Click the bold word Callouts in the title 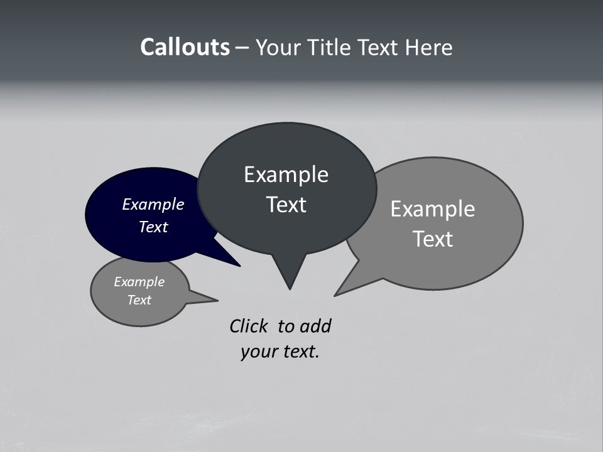(x=185, y=48)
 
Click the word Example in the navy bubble (x=153, y=204)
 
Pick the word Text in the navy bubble (x=153, y=227)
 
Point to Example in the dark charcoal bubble (x=286, y=175)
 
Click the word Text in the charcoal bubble (x=286, y=205)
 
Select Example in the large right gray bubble (x=433, y=208)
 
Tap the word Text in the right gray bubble (x=433, y=239)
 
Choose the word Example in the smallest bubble (x=139, y=282)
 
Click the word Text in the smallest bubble (x=139, y=300)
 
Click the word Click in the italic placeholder (x=248, y=326)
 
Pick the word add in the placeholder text (x=315, y=326)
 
